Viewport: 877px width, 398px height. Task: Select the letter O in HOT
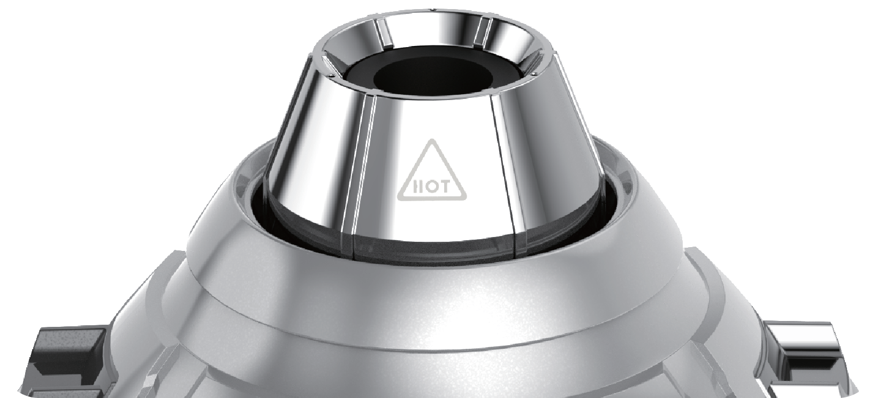pos(430,188)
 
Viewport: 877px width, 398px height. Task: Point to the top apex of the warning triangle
pos(432,139)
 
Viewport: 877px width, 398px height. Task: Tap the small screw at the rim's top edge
pos(431,9)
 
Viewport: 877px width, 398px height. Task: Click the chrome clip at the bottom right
pos(806,356)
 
